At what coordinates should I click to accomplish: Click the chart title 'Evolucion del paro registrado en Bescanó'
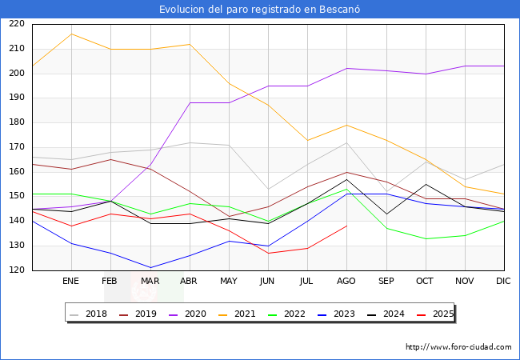[260, 9]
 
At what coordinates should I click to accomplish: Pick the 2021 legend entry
[245, 314]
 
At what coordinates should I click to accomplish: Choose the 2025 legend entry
[442, 314]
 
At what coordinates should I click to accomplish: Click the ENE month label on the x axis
[71, 282]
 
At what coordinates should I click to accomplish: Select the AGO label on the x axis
[346, 282]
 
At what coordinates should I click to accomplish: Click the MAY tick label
[229, 282]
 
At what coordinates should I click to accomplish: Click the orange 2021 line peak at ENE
[71, 34]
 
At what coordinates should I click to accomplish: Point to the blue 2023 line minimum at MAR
[150, 268]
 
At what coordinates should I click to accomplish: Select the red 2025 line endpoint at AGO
[346, 226]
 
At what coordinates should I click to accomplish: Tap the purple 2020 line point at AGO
[346, 68]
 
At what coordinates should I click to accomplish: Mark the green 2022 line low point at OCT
[426, 238]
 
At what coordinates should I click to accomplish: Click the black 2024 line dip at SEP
[386, 214]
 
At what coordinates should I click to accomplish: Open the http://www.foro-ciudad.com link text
[458, 347]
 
